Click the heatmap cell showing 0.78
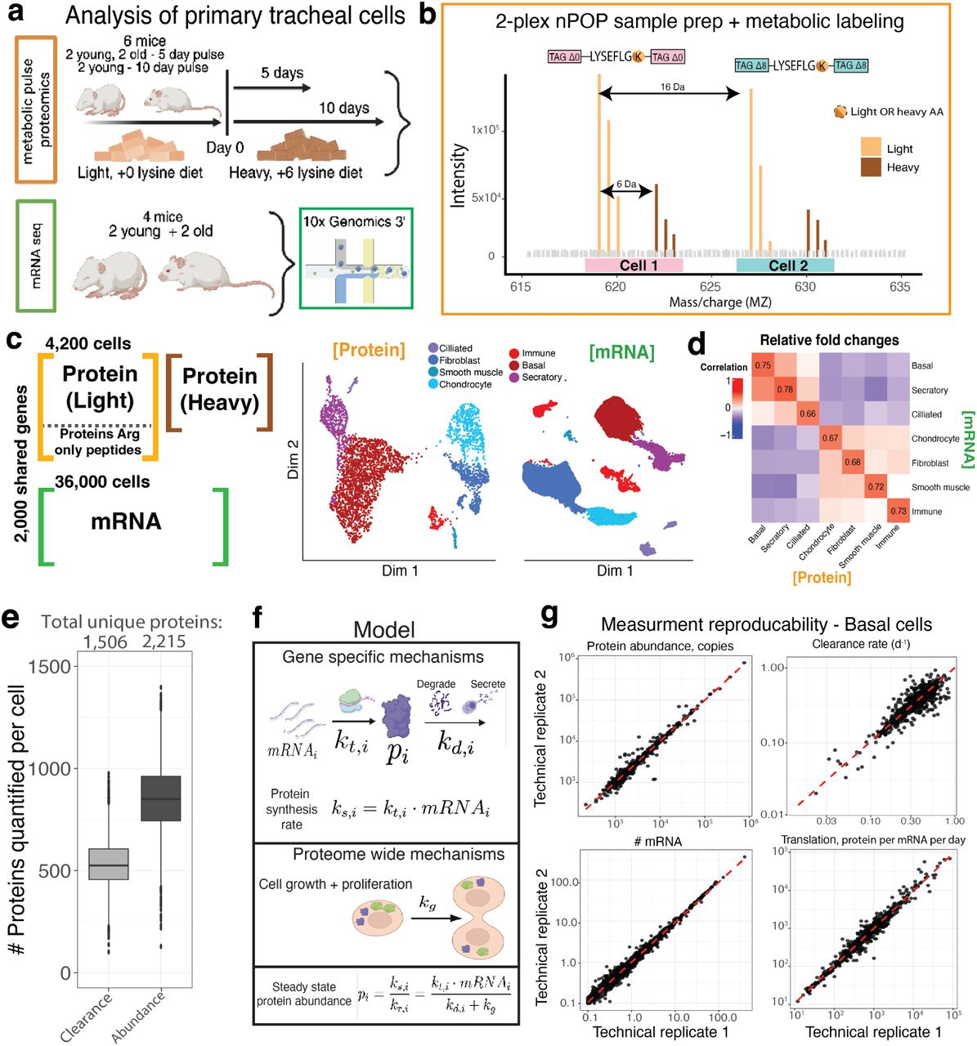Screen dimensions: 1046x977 pos(786,390)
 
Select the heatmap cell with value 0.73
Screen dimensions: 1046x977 pos(899,512)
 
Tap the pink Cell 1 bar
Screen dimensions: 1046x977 pos(634,266)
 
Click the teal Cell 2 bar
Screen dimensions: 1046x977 pos(785,266)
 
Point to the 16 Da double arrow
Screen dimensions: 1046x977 pos(670,95)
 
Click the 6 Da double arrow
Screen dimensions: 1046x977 pos(626,192)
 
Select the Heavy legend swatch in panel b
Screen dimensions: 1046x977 pos(872,168)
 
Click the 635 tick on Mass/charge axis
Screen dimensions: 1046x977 pos(899,287)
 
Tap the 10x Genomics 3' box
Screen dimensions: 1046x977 pos(356,259)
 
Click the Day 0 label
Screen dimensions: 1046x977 pos(225,148)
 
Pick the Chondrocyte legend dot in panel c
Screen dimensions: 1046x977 pos(432,384)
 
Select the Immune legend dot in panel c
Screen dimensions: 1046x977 pos(513,353)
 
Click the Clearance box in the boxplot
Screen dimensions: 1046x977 pos(108,864)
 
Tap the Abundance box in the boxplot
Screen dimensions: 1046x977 pos(160,798)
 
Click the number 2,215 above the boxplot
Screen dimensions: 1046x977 pos(164,642)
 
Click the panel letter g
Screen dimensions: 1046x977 pos(549,615)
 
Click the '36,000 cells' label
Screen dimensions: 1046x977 pos(102,482)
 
